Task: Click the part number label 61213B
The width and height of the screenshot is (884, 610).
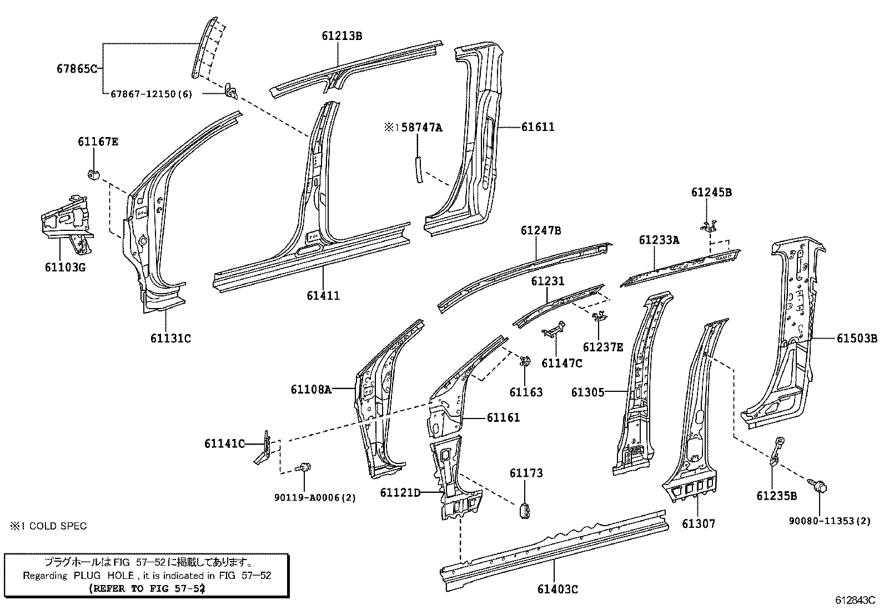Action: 341,36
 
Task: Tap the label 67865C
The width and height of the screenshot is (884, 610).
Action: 77,69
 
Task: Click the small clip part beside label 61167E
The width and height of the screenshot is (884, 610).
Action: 93,173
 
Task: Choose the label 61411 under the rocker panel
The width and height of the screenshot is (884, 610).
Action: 323,296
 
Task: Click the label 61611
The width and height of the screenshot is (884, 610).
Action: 538,127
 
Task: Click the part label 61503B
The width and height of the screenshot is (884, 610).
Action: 857,338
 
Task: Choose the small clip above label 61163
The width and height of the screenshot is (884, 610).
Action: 524,361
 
